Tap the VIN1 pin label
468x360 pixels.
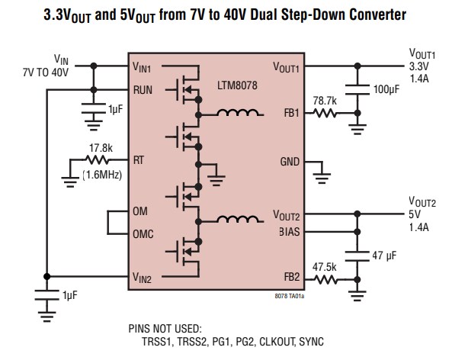point(142,68)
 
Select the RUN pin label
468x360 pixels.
point(143,89)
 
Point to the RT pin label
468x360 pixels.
point(138,161)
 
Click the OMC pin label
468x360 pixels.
point(144,234)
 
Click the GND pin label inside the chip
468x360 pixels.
point(290,162)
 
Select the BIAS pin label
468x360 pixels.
point(289,233)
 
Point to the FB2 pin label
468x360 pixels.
point(291,278)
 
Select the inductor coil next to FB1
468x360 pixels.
point(238,114)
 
